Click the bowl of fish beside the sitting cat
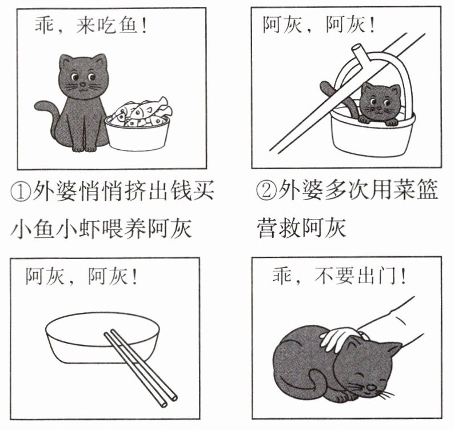click(137, 125)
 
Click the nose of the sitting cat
click(83, 85)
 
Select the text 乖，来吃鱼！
click(91, 25)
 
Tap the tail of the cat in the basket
click(333, 93)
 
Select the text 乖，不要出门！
click(339, 276)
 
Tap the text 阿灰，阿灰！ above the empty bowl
click(81, 276)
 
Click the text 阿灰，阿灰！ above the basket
click(318, 25)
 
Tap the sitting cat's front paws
click(84, 148)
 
